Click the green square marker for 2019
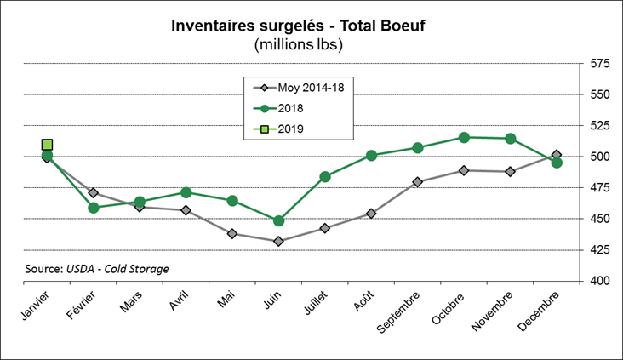[48, 145]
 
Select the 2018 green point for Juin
[279, 220]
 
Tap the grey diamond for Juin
[279, 242]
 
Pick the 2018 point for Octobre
[464, 137]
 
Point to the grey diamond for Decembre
[557, 155]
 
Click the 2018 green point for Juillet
[325, 176]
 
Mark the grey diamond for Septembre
[418, 181]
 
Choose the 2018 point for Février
[94, 207]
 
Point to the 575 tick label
[600, 64]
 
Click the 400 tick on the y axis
[600, 281]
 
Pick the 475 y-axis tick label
[600, 188]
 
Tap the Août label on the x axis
[362, 302]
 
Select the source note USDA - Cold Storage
[96, 269]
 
